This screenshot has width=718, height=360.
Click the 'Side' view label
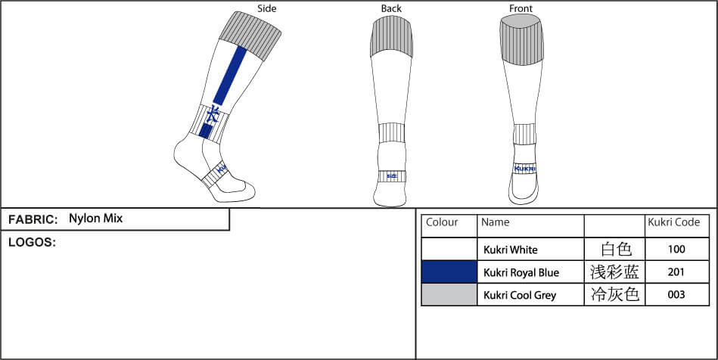[267, 8]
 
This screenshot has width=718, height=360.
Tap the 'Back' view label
[391, 8]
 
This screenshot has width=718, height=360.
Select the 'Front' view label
[521, 8]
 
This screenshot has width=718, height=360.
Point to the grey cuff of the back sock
[391, 38]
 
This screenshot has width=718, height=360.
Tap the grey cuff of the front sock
[521, 41]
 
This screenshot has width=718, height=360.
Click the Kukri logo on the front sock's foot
[524, 169]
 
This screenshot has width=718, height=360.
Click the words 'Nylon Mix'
[95, 219]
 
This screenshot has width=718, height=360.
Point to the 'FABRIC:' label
[33, 219]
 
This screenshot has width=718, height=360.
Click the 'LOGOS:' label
[32, 243]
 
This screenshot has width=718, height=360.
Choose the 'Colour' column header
[443, 222]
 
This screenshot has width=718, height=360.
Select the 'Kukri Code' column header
[676, 222]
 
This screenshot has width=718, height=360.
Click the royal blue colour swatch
[449, 272]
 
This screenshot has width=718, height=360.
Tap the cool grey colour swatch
[449, 294]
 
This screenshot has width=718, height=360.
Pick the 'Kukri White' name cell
[511, 249]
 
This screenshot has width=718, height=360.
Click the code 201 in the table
[676, 272]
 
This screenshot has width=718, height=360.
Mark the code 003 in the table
[676, 294]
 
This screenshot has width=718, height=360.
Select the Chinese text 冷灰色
[614, 294]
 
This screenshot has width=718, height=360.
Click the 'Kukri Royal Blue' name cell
[521, 272]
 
